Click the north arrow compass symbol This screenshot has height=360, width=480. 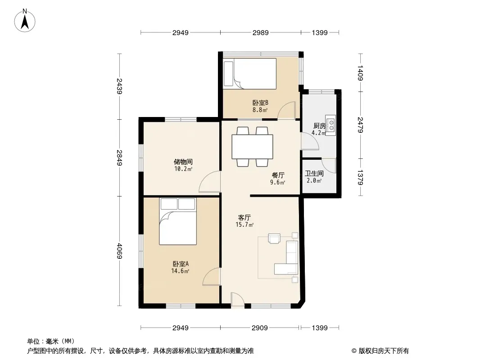25,21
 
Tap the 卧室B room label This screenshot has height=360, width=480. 260,103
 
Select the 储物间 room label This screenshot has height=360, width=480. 183,162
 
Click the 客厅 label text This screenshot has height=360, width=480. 245,218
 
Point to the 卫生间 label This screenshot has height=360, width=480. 314,173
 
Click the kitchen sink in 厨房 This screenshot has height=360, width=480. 331,125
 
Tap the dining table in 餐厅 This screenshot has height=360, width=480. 253,147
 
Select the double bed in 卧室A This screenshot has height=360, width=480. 178,221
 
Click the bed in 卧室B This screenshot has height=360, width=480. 250,74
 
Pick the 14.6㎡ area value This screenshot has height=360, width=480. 180,271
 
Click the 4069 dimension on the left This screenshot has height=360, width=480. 119,251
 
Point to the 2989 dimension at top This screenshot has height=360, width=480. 261,32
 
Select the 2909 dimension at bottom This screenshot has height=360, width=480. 260,328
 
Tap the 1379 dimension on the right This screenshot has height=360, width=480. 360,177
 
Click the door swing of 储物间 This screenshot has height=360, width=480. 210,182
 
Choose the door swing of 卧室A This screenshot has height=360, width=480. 212,277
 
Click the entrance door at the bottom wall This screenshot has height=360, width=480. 238,300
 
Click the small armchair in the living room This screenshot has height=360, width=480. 274,238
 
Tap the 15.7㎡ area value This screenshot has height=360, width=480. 245,225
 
